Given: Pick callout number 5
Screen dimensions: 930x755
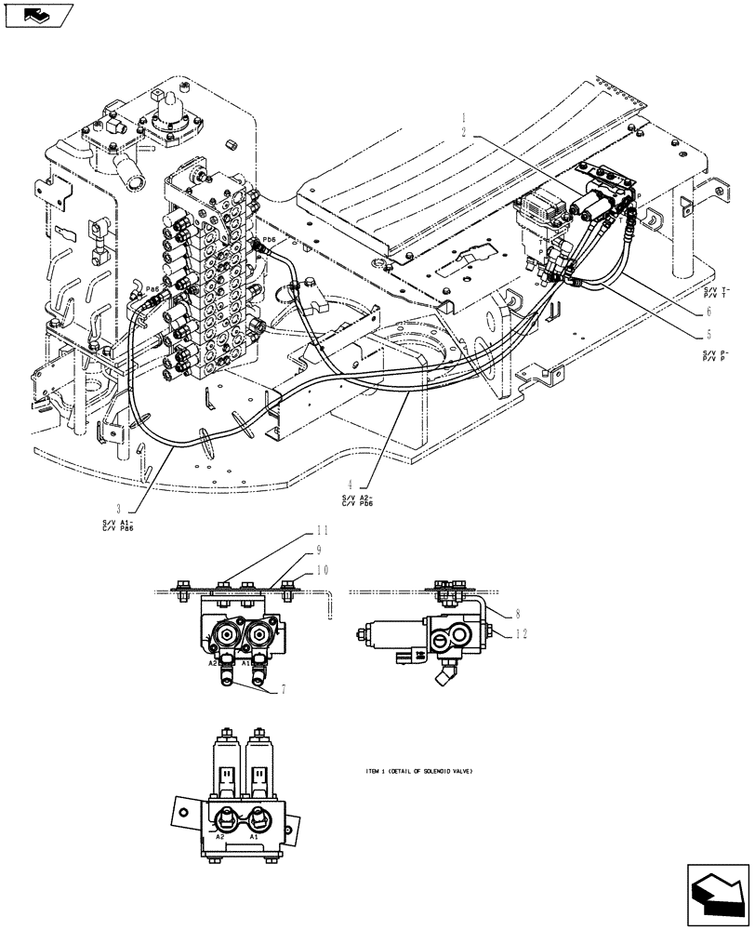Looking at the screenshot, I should [x=709, y=334].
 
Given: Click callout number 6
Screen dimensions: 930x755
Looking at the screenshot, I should [x=709, y=312].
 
